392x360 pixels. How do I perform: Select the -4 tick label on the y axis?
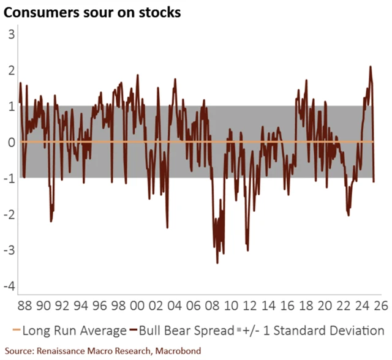coord(8,287)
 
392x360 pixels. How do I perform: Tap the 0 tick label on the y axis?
coord(10,142)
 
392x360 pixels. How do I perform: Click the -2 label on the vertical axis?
coord(8,214)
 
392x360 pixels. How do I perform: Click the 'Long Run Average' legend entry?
coord(68,331)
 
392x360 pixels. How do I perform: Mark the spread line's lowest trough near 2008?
coord(217,263)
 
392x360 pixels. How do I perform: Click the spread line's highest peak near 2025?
coord(371,66)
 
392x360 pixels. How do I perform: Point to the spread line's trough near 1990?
coord(51,221)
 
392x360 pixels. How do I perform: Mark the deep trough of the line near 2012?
coord(247,250)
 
